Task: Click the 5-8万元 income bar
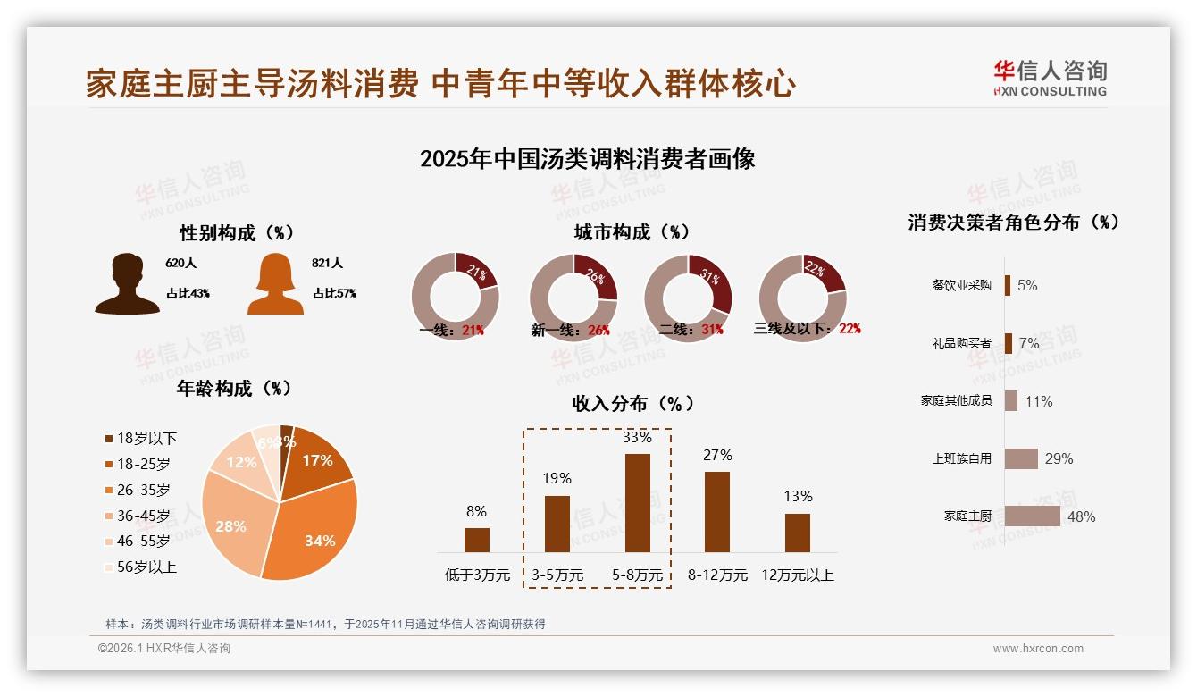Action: point(637,503)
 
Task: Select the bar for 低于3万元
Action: point(477,540)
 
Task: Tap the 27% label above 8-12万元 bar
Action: point(717,456)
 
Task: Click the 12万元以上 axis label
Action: point(797,575)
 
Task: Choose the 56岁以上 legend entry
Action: point(141,567)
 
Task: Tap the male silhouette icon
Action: point(127,283)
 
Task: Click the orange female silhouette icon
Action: point(275,283)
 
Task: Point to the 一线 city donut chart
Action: point(456,297)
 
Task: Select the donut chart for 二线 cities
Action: point(688,297)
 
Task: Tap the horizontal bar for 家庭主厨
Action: point(1032,516)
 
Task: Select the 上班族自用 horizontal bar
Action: point(1021,458)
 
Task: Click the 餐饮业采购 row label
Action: point(961,285)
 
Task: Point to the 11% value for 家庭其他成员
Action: point(1038,401)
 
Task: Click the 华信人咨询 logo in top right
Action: point(1050,78)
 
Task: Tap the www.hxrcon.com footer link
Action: point(1038,649)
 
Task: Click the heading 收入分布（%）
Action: point(632,404)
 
